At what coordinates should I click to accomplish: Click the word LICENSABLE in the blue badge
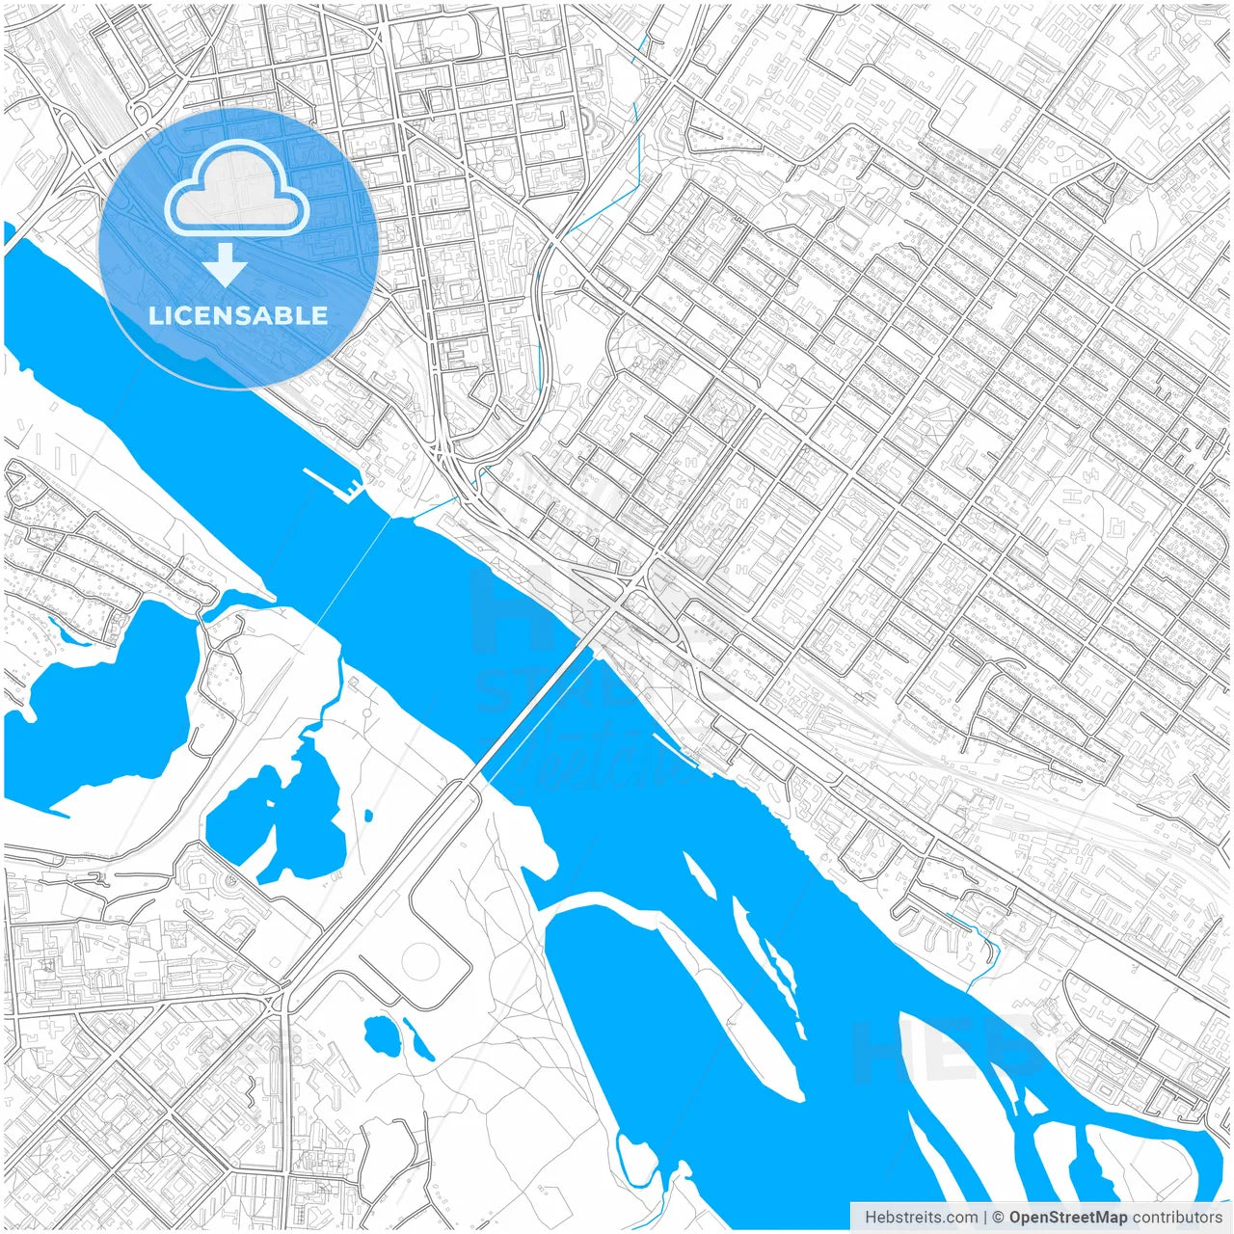pos(238,316)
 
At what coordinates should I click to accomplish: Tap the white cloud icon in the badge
pos(237,190)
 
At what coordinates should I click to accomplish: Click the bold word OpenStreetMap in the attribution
pos(1068,1217)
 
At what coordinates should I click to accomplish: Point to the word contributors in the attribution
pos(1177,1217)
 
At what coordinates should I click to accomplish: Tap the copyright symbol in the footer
pos(999,1217)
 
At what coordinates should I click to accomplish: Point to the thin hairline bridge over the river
pos(353,568)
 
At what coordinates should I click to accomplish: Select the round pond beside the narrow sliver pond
pos(381,1034)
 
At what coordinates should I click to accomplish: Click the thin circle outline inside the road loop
pos(421,960)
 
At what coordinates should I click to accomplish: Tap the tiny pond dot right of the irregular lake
pos(368,816)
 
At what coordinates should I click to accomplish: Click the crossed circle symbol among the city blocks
pos(799,415)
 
